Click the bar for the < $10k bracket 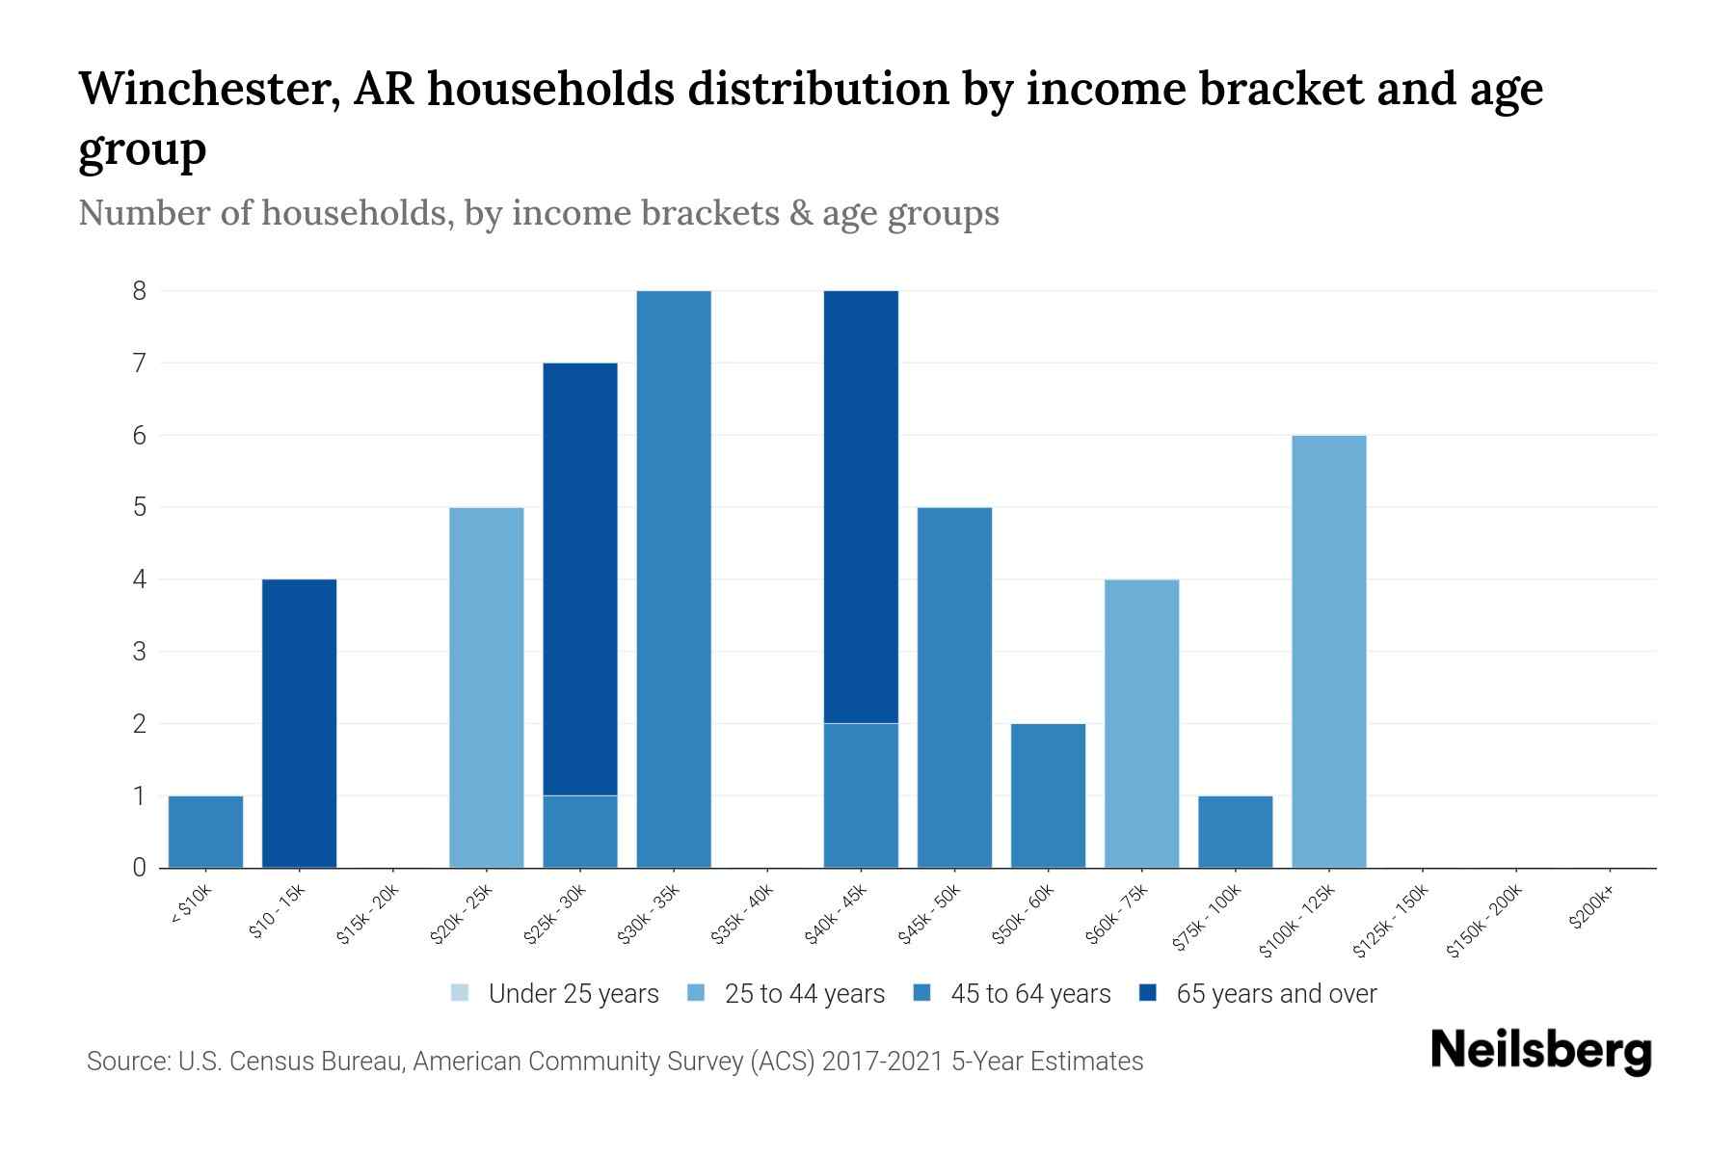click(205, 831)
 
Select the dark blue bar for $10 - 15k click(299, 723)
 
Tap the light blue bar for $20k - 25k click(487, 687)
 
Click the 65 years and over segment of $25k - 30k click(580, 578)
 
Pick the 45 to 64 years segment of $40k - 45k click(861, 795)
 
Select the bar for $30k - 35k click(674, 578)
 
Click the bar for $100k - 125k click(1329, 651)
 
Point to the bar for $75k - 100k click(1236, 831)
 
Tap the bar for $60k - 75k click(1141, 723)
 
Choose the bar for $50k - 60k click(1048, 795)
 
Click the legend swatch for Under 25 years click(460, 993)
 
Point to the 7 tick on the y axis click(140, 363)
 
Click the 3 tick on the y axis click(140, 652)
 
